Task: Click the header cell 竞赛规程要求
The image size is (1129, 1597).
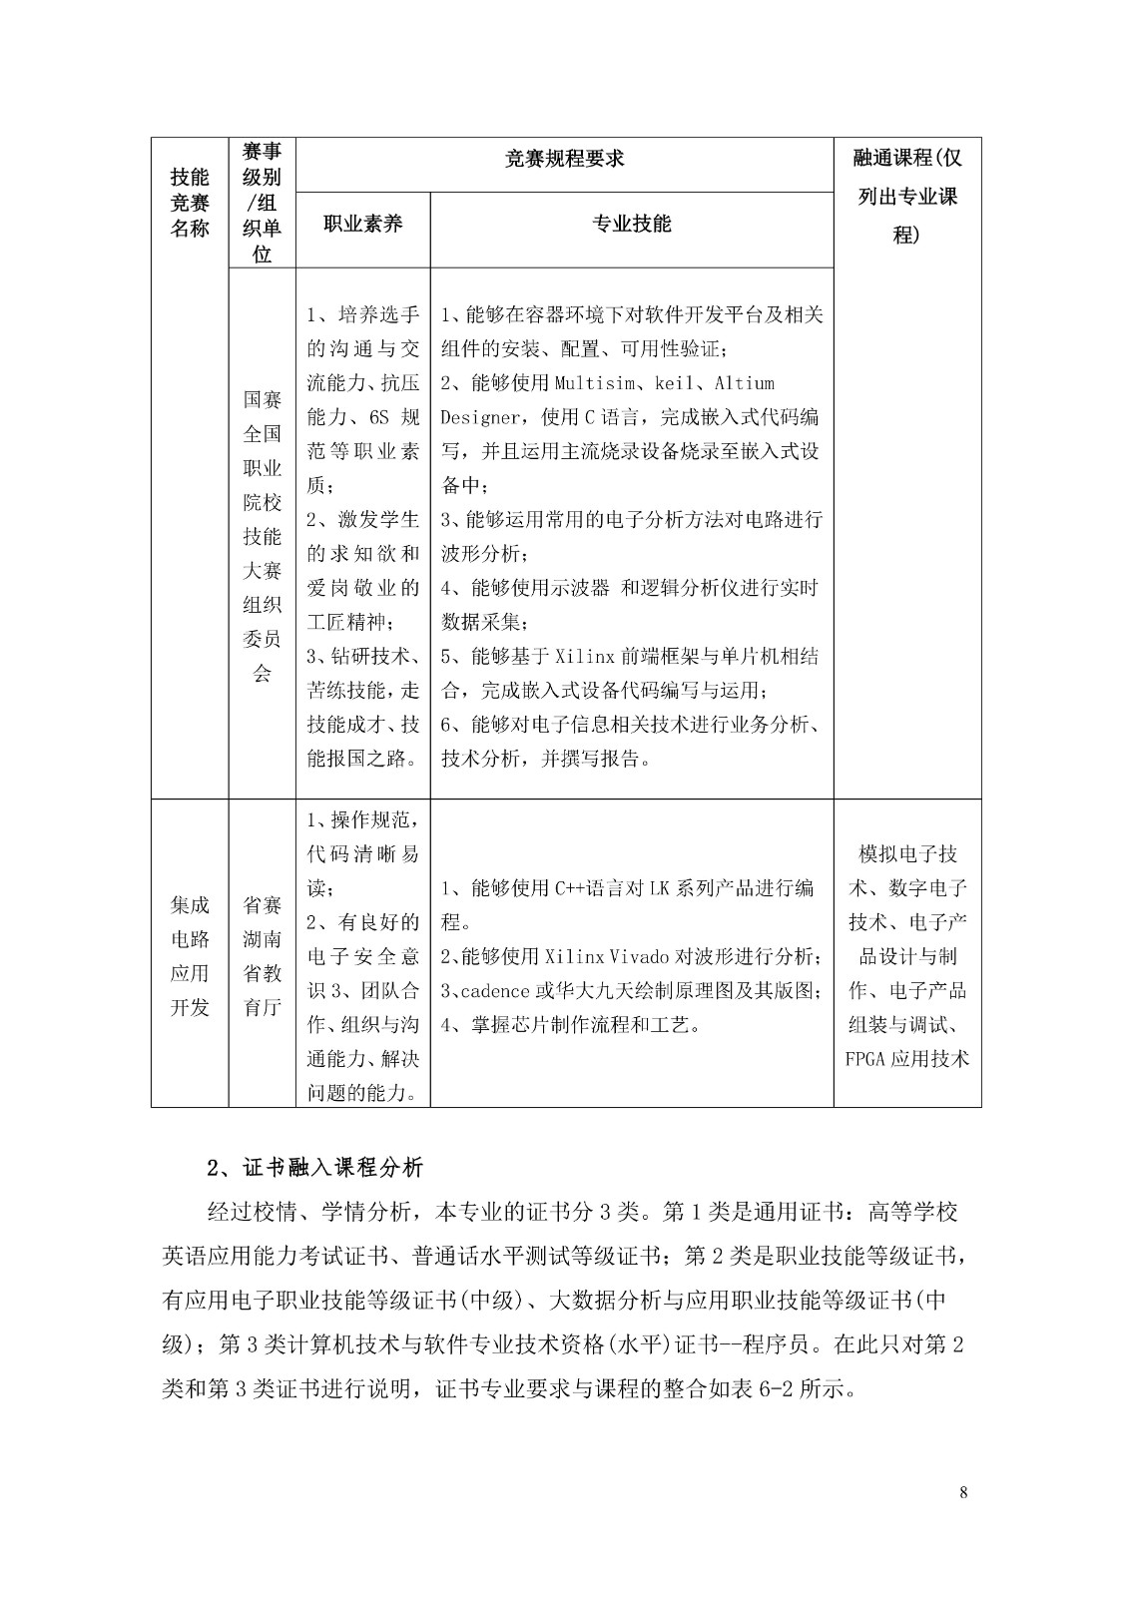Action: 565,159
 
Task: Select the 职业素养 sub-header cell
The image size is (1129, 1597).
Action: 362,224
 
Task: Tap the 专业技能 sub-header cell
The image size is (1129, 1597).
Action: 632,224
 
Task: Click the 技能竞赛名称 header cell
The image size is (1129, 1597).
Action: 190,202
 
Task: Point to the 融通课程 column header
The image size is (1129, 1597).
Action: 907,196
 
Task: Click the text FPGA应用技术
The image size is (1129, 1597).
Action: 907,1058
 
